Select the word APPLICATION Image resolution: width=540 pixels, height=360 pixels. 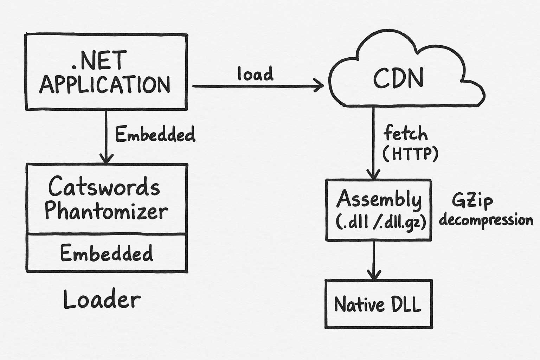click(x=105, y=85)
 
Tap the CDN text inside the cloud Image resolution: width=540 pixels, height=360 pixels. click(x=398, y=78)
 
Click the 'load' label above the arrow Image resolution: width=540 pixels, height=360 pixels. click(x=255, y=74)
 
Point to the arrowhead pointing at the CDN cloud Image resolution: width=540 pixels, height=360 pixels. click(x=319, y=85)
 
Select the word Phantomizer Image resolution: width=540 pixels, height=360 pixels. click(x=106, y=211)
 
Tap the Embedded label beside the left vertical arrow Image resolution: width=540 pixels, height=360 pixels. click(x=155, y=135)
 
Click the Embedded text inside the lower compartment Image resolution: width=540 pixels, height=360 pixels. click(x=107, y=253)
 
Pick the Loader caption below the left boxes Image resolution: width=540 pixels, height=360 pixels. click(x=102, y=300)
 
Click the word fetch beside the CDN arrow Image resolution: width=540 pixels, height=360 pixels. click(x=405, y=134)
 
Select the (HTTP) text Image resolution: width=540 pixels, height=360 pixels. click(x=410, y=154)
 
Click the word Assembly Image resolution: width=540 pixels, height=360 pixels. click(x=379, y=199)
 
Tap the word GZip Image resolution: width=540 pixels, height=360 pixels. click(x=472, y=201)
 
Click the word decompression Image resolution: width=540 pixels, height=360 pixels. click(x=486, y=220)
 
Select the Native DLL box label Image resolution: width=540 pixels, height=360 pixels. click(x=378, y=304)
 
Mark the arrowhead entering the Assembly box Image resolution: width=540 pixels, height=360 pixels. click(x=373, y=174)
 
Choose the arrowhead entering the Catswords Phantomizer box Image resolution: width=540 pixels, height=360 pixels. click(x=106, y=158)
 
